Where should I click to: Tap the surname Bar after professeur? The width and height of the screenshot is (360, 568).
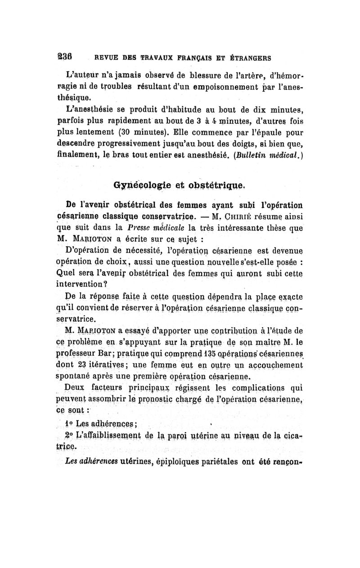point(99,349)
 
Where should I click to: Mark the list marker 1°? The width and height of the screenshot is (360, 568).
point(69,424)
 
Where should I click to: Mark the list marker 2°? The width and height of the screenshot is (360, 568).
point(69,436)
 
